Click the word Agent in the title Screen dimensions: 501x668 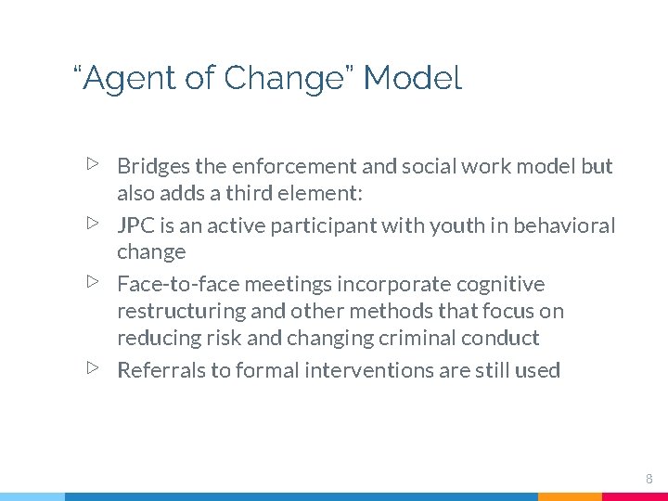pos(128,80)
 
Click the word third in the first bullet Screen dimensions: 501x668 pos(245,194)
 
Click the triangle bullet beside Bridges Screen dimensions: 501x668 pos(92,164)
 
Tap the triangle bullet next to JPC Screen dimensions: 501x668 pos(92,224)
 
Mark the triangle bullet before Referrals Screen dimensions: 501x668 pos(92,368)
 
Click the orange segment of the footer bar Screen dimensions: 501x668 pos(570,496)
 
